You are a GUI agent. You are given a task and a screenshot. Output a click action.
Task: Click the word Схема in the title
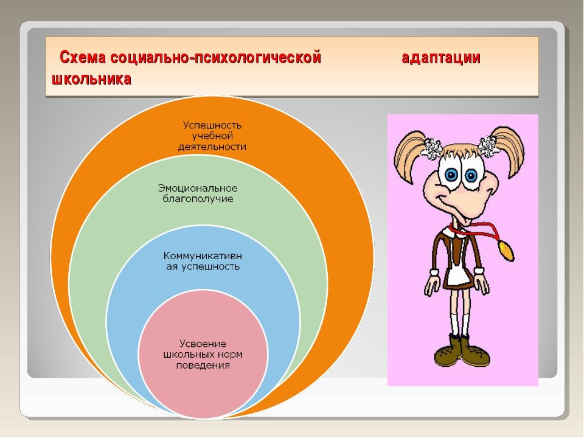[x=83, y=58]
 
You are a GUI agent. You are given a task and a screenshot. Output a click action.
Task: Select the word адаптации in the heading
[x=441, y=58]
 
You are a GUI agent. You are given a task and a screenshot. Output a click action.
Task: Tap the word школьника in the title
[x=92, y=79]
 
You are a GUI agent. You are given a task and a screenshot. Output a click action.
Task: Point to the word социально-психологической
[x=215, y=58]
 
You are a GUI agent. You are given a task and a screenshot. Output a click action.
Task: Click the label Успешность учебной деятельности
[x=212, y=136]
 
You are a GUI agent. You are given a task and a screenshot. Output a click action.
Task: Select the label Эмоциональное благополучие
[x=198, y=193]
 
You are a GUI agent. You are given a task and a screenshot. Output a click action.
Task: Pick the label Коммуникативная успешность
[x=203, y=261]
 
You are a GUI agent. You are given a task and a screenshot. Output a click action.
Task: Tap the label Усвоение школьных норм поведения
[x=203, y=354]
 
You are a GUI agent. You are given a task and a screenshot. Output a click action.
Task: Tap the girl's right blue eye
[x=471, y=176]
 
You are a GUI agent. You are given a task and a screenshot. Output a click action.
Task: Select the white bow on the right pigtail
[x=489, y=145]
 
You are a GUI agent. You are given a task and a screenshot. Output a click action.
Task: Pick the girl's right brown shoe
[x=476, y=353]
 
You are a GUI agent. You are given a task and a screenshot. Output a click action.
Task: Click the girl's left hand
[x=432, y=285]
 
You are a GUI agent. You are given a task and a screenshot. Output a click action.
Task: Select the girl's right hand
[x=482, y=284]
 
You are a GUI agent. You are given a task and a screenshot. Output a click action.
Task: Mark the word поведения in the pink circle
[x=203, y=366]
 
